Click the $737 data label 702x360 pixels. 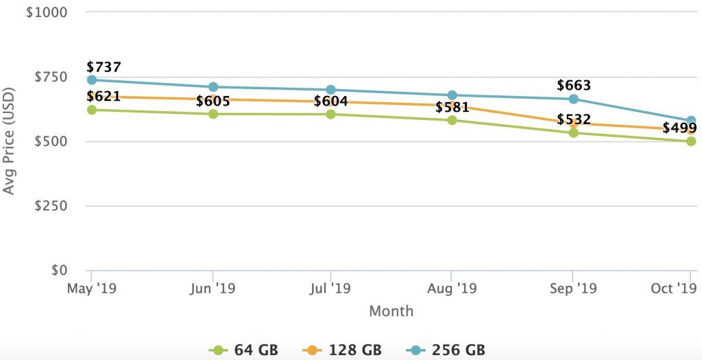pyautogui.click(x=104, y=67)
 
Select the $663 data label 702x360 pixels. pyautogui.click(x=574, y=86)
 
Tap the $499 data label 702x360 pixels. pyautogui.click(x=679, y=128)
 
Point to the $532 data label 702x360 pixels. pyautogui.click(x=574, y=120)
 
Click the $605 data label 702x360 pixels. pyautogui.click(x=213, y=101)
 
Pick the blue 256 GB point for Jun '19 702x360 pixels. pyautogui.click(x=213, y=87)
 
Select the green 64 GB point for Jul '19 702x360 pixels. pyautogui.click(x=331, y=114)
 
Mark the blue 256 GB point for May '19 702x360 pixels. pyautogui.click(x=92, y=80)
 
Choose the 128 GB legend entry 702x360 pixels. pyautogui.click(x=343, y=350)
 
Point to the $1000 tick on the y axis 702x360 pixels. pyautogui.click(x=46, y=13)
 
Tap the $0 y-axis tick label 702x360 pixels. pyautogui.click(x=57, y=270)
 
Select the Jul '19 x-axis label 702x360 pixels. pyautogui.click(x=331, y=288)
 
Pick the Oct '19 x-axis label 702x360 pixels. pyautogui.click(x=673, y=288)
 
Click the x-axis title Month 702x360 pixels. pyautogui.click(x=391, y=311)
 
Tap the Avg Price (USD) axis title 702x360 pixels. pyautogui.click(x=9, y=141)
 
